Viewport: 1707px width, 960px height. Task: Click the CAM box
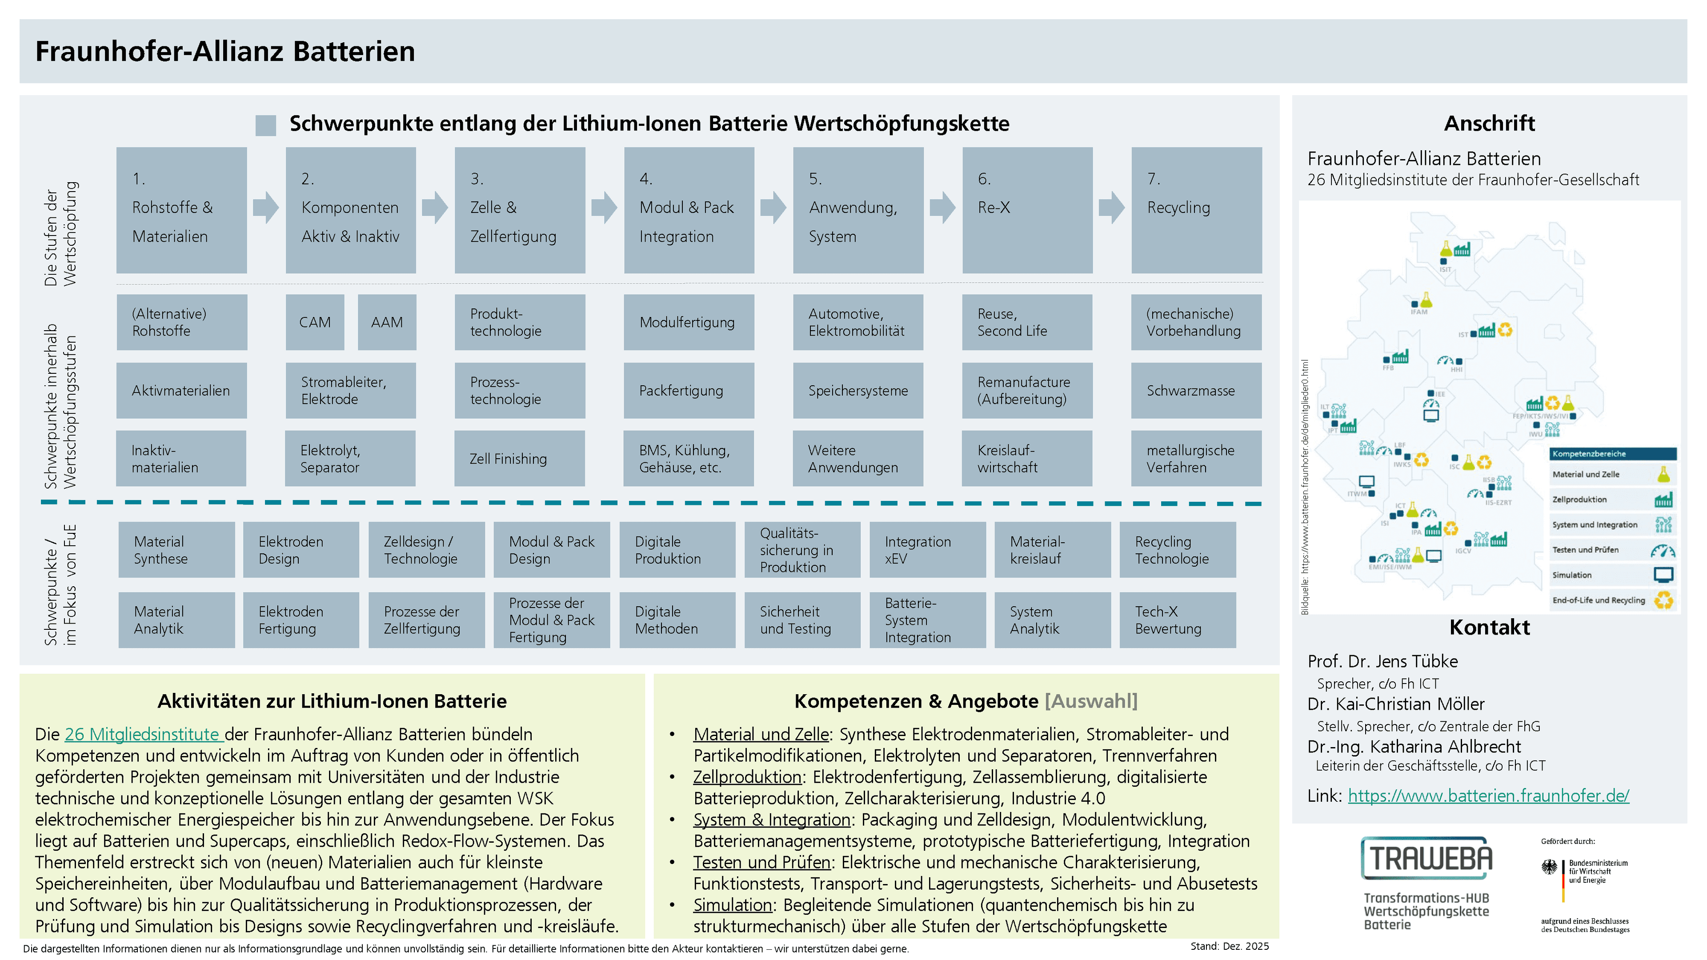315,322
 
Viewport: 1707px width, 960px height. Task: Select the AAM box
387,322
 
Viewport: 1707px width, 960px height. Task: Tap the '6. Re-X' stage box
1027,210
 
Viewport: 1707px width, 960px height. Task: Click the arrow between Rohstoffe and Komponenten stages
266,208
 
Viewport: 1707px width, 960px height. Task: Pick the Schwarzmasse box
1196,390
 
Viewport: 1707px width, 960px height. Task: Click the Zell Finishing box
520,459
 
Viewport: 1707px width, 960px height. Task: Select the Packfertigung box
689,390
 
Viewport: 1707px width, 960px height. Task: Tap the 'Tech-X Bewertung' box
1178,620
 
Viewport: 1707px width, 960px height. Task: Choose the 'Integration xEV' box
927,550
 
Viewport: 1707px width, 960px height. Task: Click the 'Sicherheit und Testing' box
802,620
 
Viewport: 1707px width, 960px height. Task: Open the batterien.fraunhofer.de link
1488,796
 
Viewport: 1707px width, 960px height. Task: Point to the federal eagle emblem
1549,867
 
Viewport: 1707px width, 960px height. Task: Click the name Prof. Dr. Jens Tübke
1382,661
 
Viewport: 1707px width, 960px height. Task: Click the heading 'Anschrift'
1489,123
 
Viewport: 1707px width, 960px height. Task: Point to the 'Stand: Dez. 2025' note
1229,946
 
